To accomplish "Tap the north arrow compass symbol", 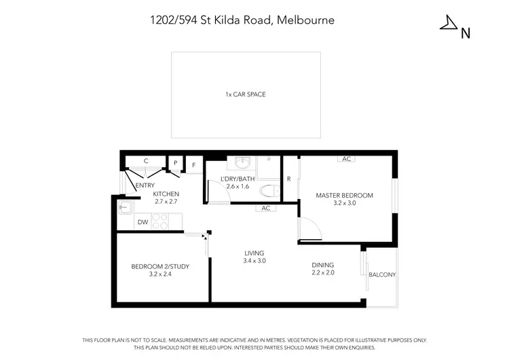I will coord(450,24).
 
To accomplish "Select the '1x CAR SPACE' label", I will coord(245,94).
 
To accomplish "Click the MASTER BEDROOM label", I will coord(344,196).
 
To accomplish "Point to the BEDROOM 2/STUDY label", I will coord(160,266).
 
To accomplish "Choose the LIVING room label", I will coord(254,253).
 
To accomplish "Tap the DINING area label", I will coord(322,265).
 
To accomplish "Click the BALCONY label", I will coord(382,274).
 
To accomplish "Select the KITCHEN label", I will coord(166,194).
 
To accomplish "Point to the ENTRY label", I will coord(145,185).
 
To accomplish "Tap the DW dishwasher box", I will coord(143,221).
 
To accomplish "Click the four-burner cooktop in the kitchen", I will coord(159,221).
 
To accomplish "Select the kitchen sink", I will coord(125,207).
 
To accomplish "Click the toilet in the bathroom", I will coord(268,191).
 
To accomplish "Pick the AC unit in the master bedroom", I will coord(346,159).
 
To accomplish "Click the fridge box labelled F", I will coord(193,164).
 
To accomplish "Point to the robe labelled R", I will coord(289,179).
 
